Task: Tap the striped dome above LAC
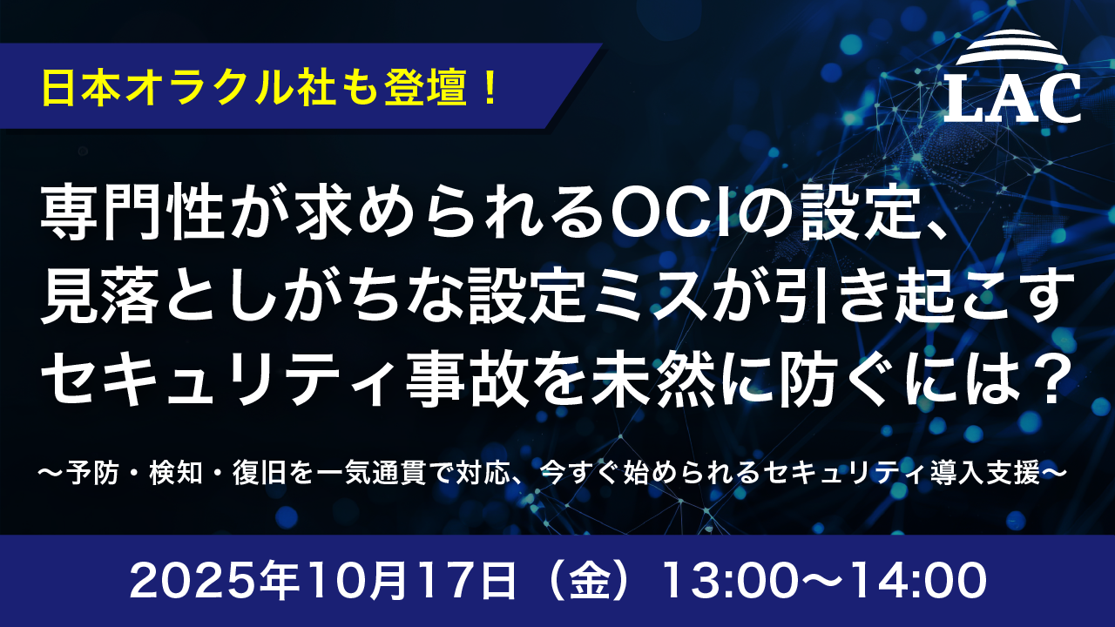(x=1013, y=49)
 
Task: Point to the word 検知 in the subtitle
(x=189, y=474)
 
